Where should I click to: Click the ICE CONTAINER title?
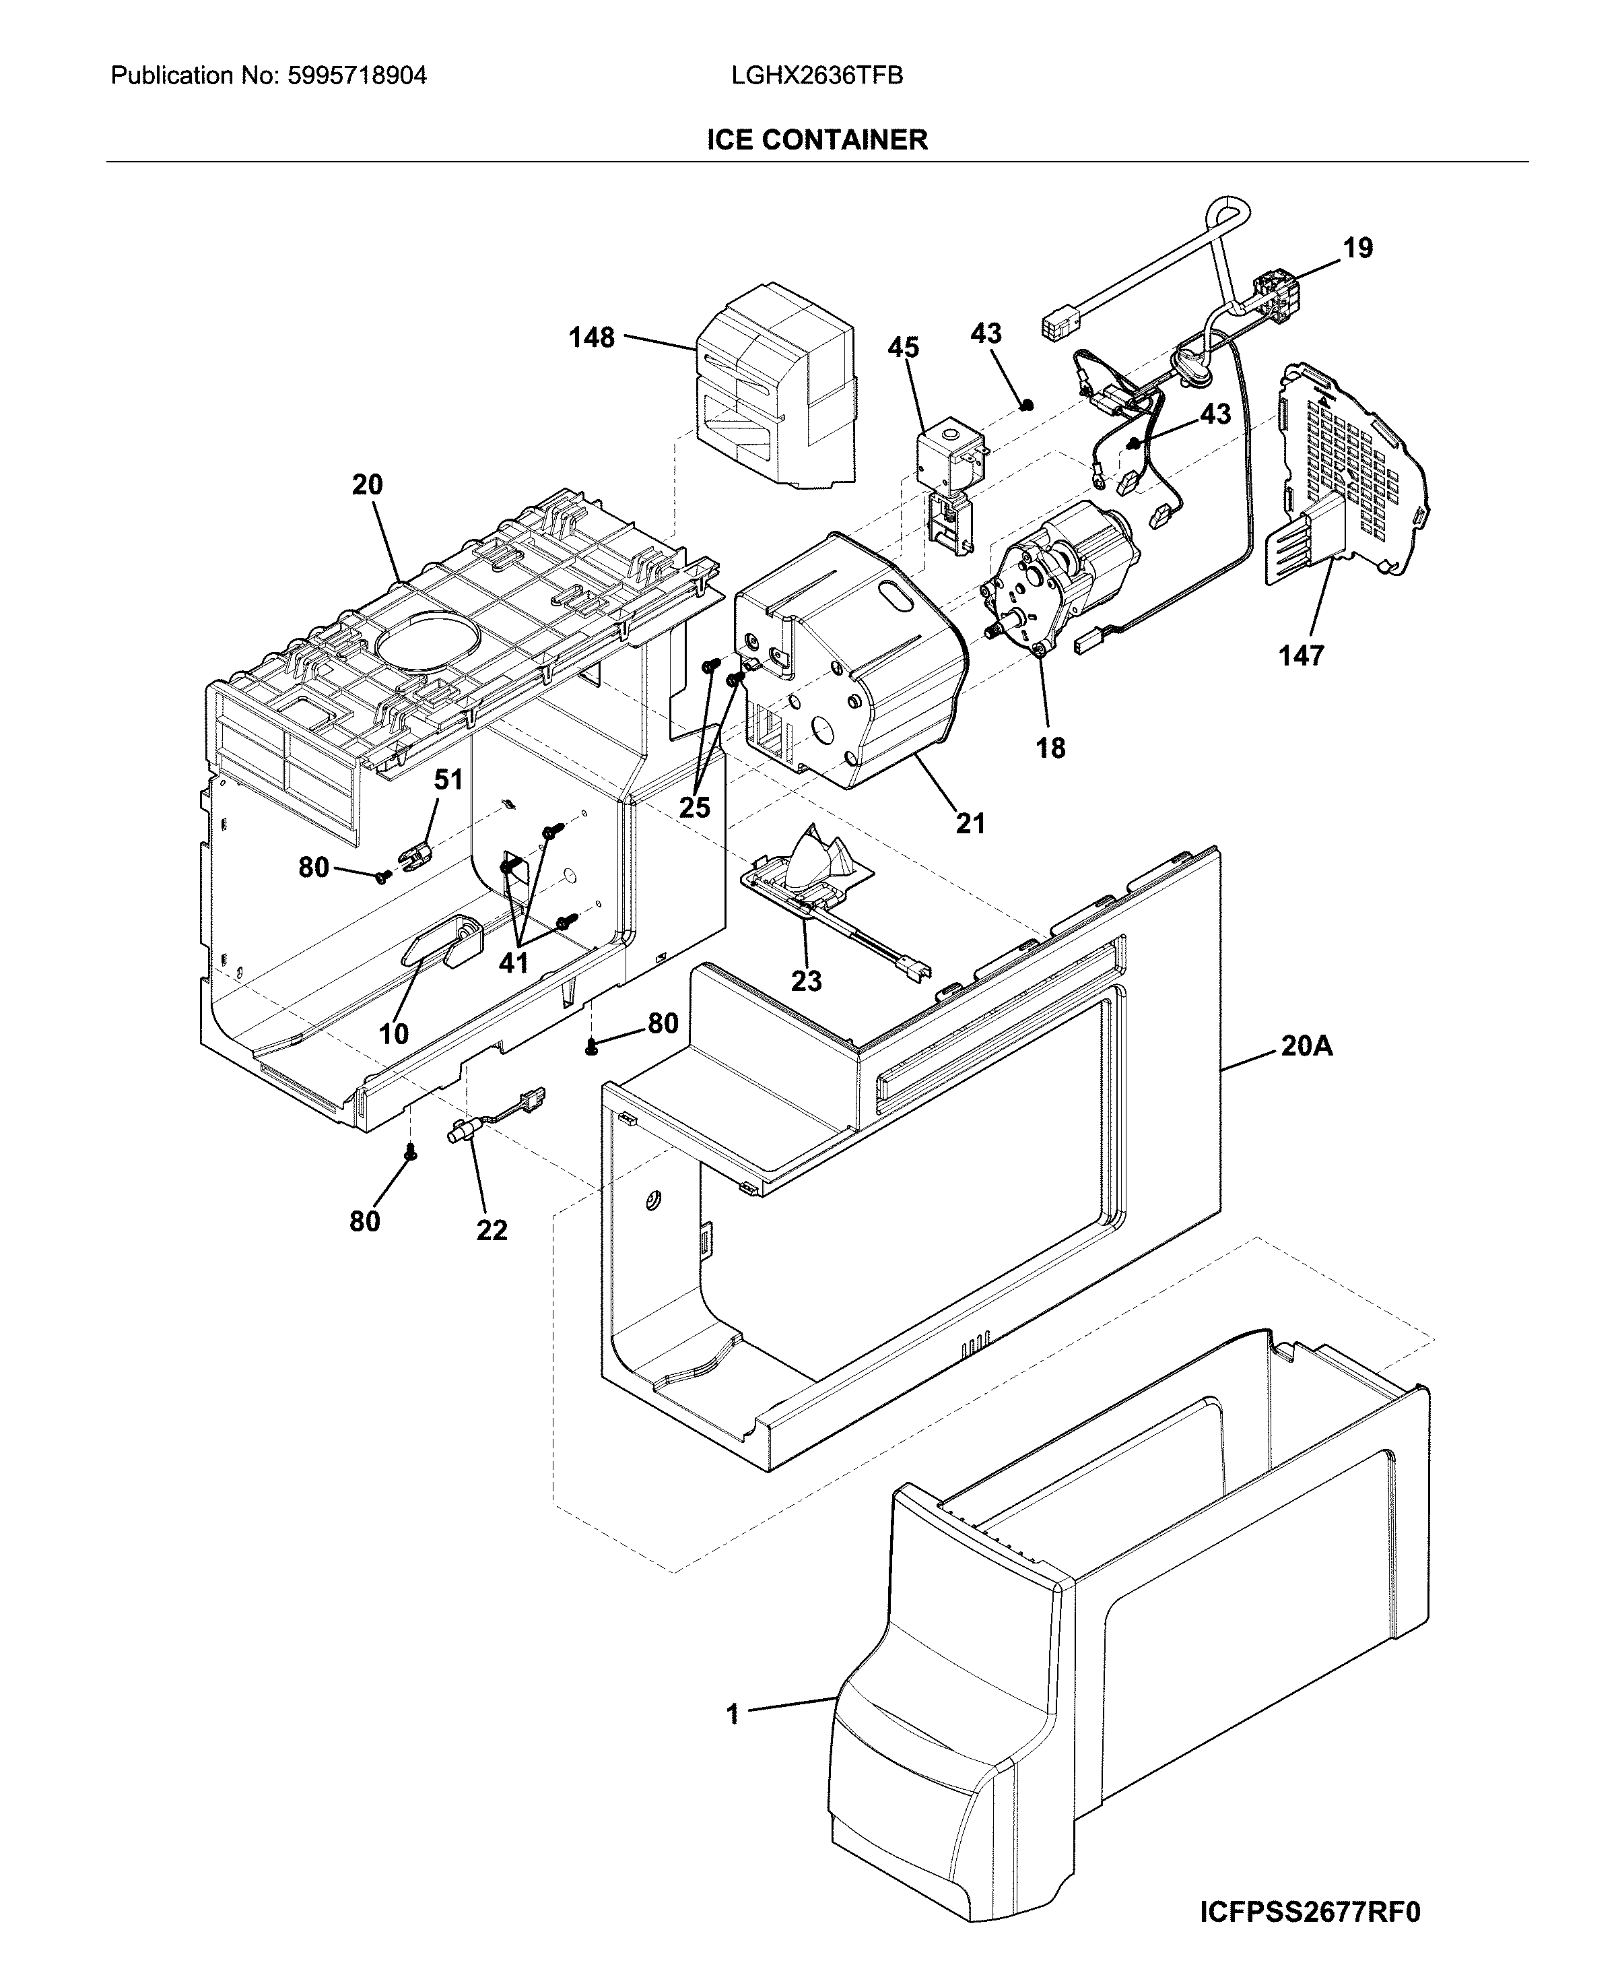pos(817,140)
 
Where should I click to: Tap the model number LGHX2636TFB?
pos(817,75)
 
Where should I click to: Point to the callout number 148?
pos(592,337)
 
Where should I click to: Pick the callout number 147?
pos(1300,656)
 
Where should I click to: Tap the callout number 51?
pos(448,779)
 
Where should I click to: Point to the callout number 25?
pos(694,808)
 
